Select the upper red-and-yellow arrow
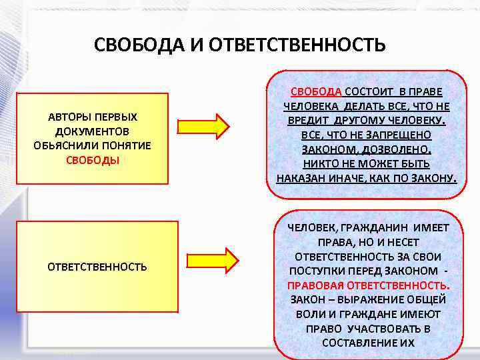(204, 125)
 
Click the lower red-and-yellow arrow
(212, 260)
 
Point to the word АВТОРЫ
(69, 117)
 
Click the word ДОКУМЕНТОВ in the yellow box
(93, 132)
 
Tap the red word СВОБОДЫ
(93, 161)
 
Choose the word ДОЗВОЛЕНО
(398, 149)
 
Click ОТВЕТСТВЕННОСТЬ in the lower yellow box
(97, 267)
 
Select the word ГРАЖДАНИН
(378, 228)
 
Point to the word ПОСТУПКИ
(315, 271)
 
